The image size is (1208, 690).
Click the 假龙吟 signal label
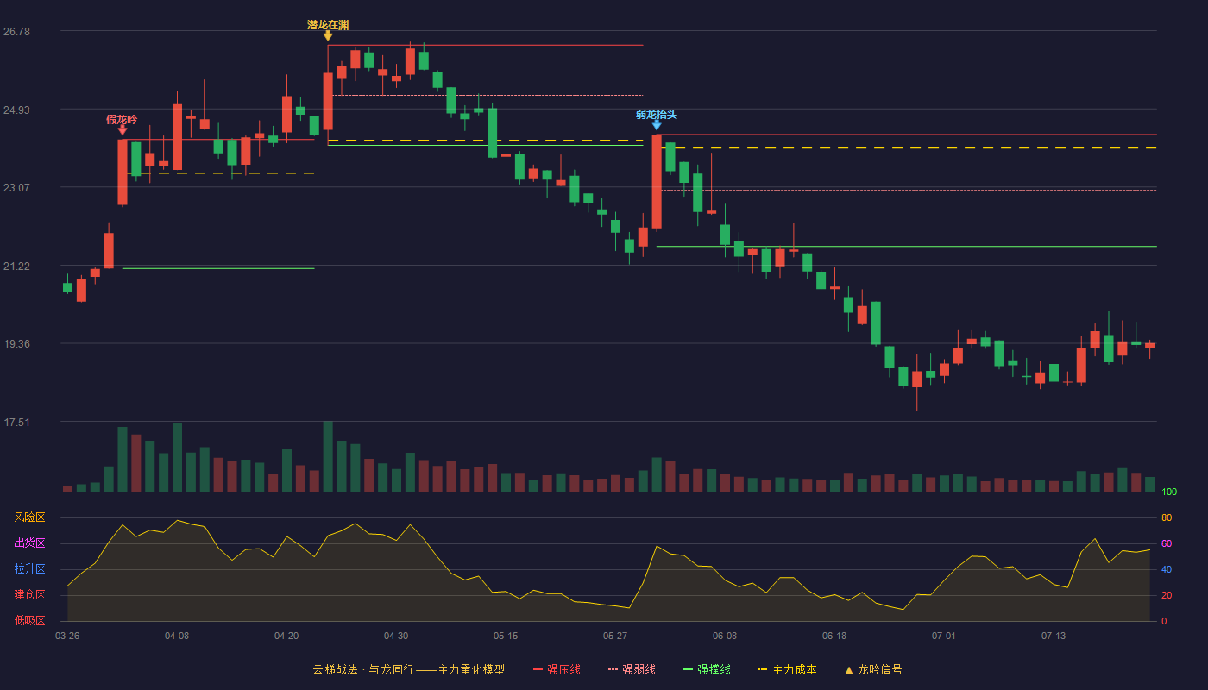point(122,119)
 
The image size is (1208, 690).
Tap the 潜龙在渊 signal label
point(328,25)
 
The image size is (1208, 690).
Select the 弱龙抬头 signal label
point(657,114)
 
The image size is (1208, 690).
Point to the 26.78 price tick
point(16,31)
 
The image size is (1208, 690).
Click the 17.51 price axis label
point(16,422)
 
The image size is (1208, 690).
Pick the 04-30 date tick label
point(396,637)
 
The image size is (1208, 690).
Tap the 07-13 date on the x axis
point(1054,637)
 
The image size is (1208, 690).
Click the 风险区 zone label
point(29,517)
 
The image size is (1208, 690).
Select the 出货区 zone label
point(29,543)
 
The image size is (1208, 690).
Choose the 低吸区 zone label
point(29,620)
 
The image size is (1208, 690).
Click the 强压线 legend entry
point(557,669)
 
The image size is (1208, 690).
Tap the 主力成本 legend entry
point(787,669)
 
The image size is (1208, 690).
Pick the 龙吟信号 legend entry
point(873,669)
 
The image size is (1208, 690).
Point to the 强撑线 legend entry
point(707,669)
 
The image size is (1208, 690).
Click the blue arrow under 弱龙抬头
point(657,125)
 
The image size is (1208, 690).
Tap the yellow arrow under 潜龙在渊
point(328,35)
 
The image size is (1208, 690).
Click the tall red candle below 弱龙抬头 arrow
point(657,182)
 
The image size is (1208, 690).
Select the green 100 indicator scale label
point(1169,492)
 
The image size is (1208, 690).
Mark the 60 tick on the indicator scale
point(1167,543)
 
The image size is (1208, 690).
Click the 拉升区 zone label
point(29,568)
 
